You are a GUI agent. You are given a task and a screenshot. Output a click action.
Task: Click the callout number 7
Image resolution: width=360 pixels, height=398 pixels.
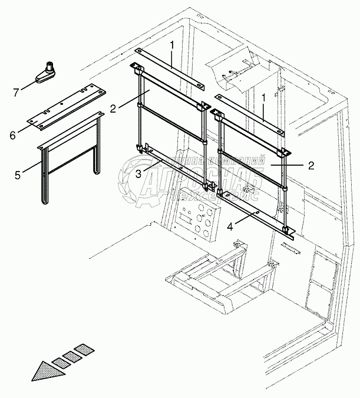click(x=15, y=93)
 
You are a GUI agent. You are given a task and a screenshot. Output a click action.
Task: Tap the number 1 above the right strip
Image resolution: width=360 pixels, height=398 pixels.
click(x=263, y=96)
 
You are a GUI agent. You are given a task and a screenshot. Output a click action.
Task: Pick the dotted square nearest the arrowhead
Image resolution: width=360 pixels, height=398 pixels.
click(x=61, y=362)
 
